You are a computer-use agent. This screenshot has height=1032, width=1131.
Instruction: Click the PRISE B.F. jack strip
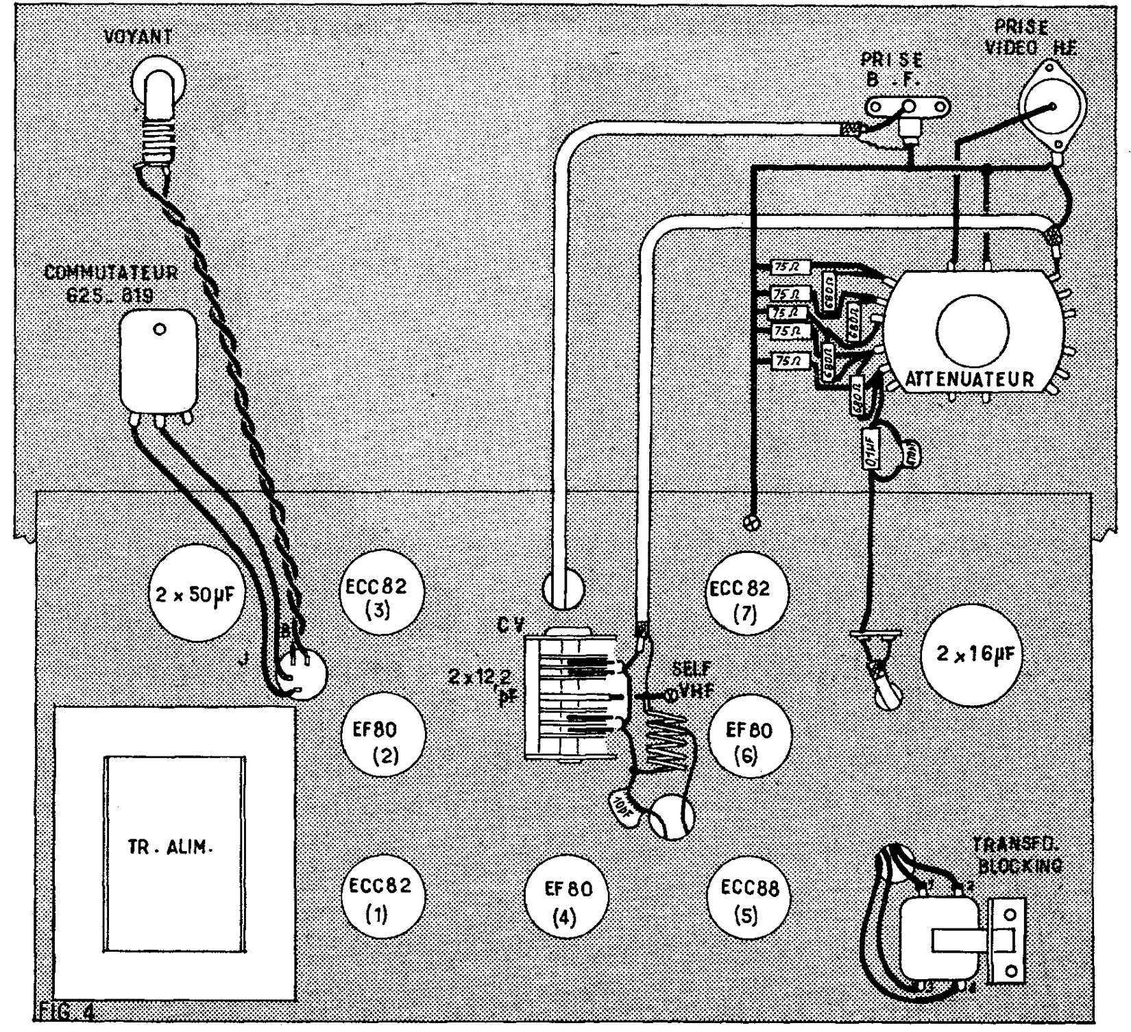coord(908,106)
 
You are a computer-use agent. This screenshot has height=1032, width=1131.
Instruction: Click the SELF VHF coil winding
coord(666,744)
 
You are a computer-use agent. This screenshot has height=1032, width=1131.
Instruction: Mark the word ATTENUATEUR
coord(969,379)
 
